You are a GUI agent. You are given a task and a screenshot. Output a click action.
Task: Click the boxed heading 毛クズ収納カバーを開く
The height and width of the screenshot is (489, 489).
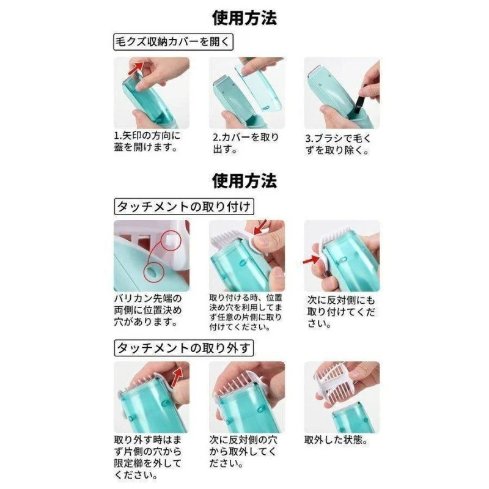[x=173, y=42]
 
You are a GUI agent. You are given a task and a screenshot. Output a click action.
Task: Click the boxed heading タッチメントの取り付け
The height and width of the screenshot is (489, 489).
[x=184, y=207]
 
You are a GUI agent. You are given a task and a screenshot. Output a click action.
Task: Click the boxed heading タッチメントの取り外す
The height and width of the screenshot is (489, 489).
[x=184, y=348]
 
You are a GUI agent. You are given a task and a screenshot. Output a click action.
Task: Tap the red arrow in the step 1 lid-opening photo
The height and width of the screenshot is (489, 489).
[x=136, y=68]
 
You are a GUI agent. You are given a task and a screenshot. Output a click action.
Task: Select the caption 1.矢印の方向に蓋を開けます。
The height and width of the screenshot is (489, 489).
[x=147, y=141]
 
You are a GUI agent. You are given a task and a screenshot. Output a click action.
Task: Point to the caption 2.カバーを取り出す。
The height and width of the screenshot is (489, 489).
[x=246, y=143]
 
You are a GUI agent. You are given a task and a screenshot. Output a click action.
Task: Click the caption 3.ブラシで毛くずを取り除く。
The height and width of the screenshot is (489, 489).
[x=338, y=144]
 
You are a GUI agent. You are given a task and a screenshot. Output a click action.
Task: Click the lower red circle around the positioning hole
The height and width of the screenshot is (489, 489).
[x=154, y=272]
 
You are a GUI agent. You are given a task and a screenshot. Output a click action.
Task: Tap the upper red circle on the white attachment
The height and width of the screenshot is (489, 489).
[x=171, y=240]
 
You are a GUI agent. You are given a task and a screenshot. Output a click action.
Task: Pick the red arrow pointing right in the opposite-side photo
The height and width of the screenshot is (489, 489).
[x=311, y=260]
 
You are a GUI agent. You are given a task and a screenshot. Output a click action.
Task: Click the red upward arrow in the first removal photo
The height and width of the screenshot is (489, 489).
[x=177, y=377]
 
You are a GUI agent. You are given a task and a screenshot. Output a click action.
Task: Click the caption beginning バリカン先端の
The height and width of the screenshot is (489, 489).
[x=148, y=311]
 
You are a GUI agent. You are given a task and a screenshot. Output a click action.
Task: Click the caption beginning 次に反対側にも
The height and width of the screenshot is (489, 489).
[x=341, y=312]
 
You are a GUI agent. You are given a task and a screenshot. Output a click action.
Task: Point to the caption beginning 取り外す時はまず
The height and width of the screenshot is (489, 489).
[x=148, y=457]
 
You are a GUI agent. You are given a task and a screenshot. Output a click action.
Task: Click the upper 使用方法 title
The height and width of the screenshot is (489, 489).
[x=244, y=18]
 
